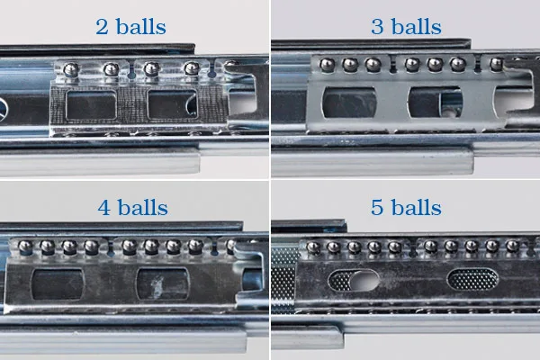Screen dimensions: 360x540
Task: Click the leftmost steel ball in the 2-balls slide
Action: click(x=67, y=68)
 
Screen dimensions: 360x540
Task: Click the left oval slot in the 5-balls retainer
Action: click(x=350, y=281)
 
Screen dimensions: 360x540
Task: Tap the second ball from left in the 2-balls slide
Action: click(x=110, y=68)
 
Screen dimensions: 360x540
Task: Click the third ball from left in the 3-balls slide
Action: click(x=371, y=64)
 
